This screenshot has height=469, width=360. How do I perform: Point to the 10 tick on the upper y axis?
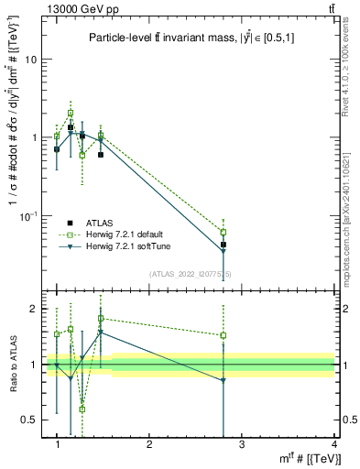pyautogui.click(x=30, y=59)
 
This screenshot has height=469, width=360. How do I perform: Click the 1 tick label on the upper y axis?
pyautogui.click(x=33, y=137)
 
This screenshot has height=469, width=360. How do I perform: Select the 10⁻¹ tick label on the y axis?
pyautogui.click(x=28, y=216)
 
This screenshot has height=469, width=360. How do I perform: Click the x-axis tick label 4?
pyautogui.click(x=334, y=444)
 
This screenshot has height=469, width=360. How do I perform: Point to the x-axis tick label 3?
pyautogui.click(x=242, y=444)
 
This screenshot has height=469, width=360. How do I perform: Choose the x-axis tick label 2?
pyautogui.click(x=149, y=444)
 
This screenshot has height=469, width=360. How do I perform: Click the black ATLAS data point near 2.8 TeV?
pyautogui.click(x=224, y=245)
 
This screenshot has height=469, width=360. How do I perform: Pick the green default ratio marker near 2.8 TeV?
pyautogui.click(x=224, y=335)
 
